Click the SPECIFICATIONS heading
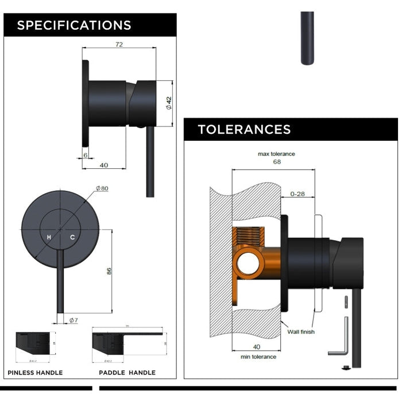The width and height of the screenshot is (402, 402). (x=74, y=25)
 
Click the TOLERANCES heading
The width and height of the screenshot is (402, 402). (x=244, y=129)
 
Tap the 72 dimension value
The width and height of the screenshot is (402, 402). (x=119, y=44)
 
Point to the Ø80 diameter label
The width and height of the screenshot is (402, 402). (x=102, y=188)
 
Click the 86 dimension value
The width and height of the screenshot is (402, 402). (x=108, y=271)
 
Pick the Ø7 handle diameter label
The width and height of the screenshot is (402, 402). (x=74, y=320)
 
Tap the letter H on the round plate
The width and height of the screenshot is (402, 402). (x=49, y=237)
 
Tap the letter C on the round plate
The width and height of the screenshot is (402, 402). (x=72, y=237)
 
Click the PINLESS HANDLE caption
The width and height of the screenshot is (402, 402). (x=35, y=373)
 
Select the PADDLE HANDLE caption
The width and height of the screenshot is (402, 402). (x=127, y=373)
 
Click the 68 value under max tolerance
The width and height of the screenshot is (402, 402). (x=277, y=162)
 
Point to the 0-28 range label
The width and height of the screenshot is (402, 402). (x=297, y=194)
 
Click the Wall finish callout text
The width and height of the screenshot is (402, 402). (x=300, y=332)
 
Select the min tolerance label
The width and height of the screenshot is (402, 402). (x=258, y=357)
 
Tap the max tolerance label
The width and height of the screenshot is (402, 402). (x=276, y=154)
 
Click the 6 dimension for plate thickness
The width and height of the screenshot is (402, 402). (x=85, y=155)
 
